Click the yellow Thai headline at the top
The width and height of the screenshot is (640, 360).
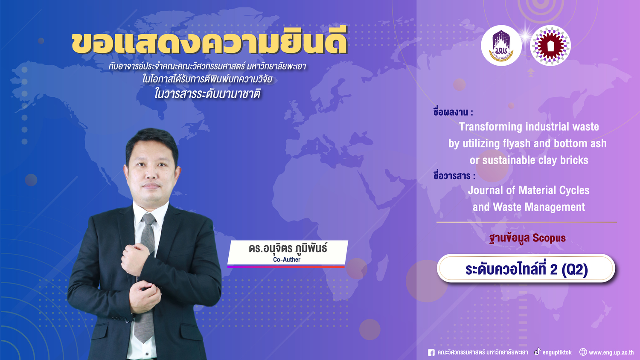tap(209, 42)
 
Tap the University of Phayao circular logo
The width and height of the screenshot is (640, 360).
tap(501, 46)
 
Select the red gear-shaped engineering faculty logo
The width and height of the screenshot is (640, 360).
tap(550, 46)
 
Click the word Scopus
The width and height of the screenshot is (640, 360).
tap(549, 238)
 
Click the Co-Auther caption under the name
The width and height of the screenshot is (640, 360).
tap(287, 260)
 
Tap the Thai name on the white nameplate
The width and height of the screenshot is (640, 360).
tap(288, 248)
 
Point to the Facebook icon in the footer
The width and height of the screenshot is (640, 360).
tap(431, 353)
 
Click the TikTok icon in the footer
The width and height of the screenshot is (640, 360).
tap(538, 352)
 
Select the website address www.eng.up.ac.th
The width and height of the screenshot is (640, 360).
tap(611, 353)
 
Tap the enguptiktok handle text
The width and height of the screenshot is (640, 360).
tap(557, 353)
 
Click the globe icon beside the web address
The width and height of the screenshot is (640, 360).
tap(583, 352)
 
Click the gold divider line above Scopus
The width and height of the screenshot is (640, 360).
tap(527, 222)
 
